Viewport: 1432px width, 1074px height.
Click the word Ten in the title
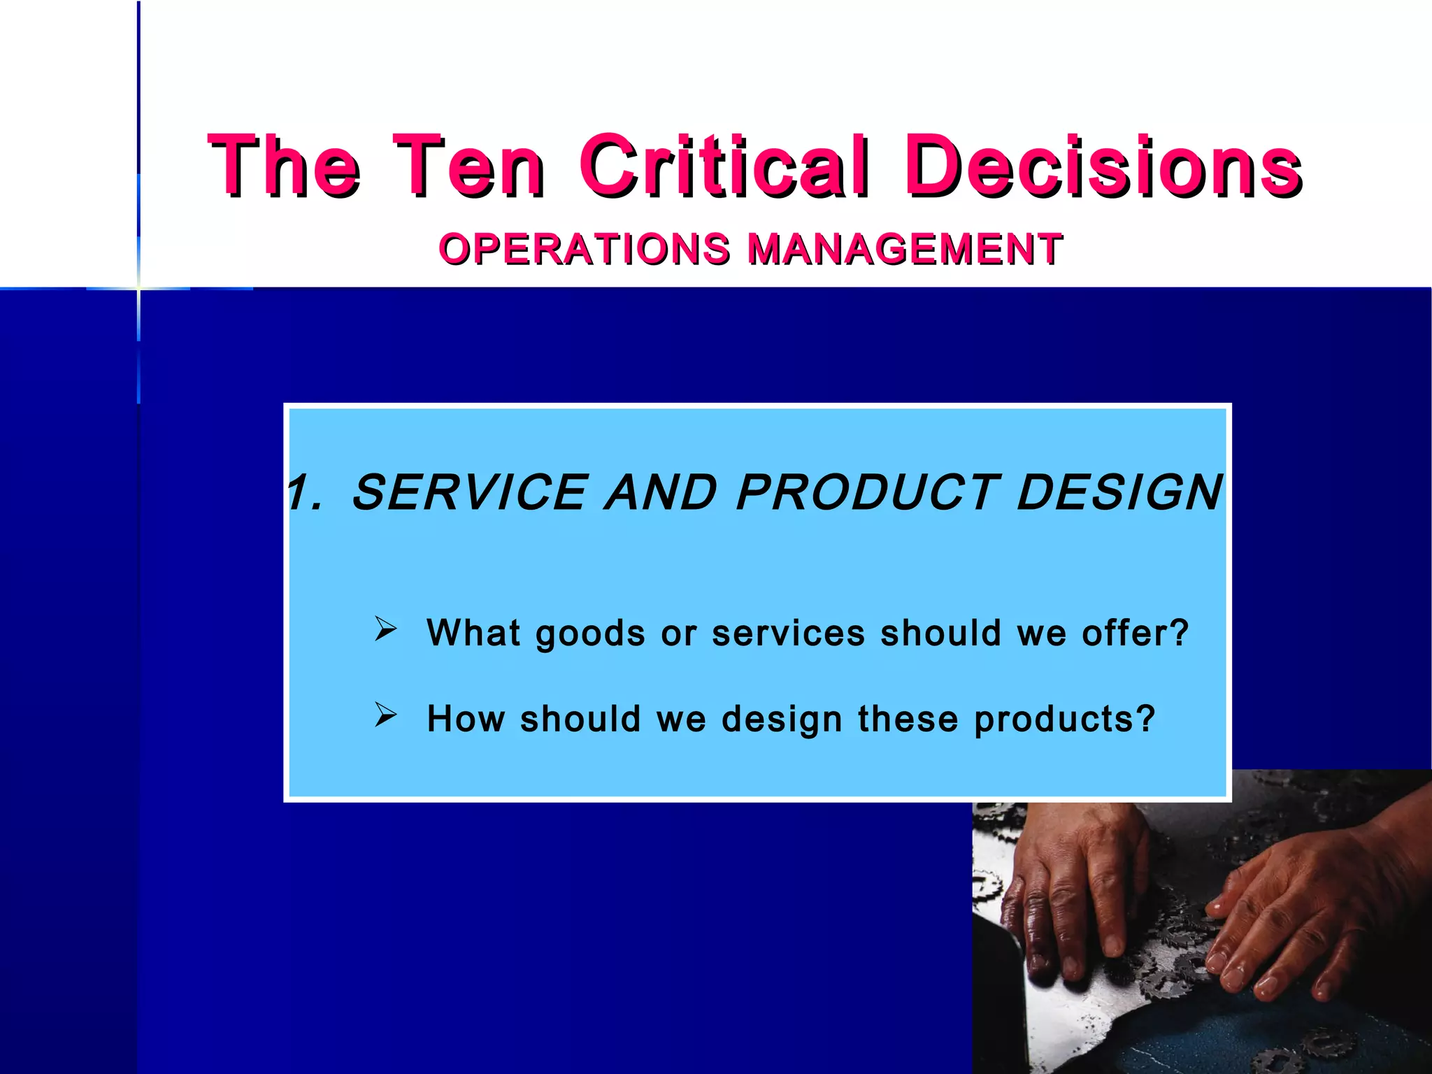468,166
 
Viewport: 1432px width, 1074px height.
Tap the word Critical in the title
725,166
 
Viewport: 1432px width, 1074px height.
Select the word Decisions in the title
1103,166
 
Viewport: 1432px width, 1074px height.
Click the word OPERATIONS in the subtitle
585,249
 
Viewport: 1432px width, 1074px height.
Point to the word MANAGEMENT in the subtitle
905,249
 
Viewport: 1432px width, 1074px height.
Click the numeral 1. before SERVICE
305,492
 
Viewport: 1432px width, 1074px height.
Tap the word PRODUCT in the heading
868,492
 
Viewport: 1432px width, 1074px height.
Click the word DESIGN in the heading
1119,492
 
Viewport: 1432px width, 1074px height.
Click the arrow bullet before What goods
385,629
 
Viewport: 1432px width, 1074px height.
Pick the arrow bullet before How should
385,715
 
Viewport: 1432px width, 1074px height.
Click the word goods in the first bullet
590,633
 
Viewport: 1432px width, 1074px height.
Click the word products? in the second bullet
1064,719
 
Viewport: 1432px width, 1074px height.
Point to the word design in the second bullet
781,719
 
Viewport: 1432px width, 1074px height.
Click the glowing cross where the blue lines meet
138,288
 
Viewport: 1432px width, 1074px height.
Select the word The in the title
285,166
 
